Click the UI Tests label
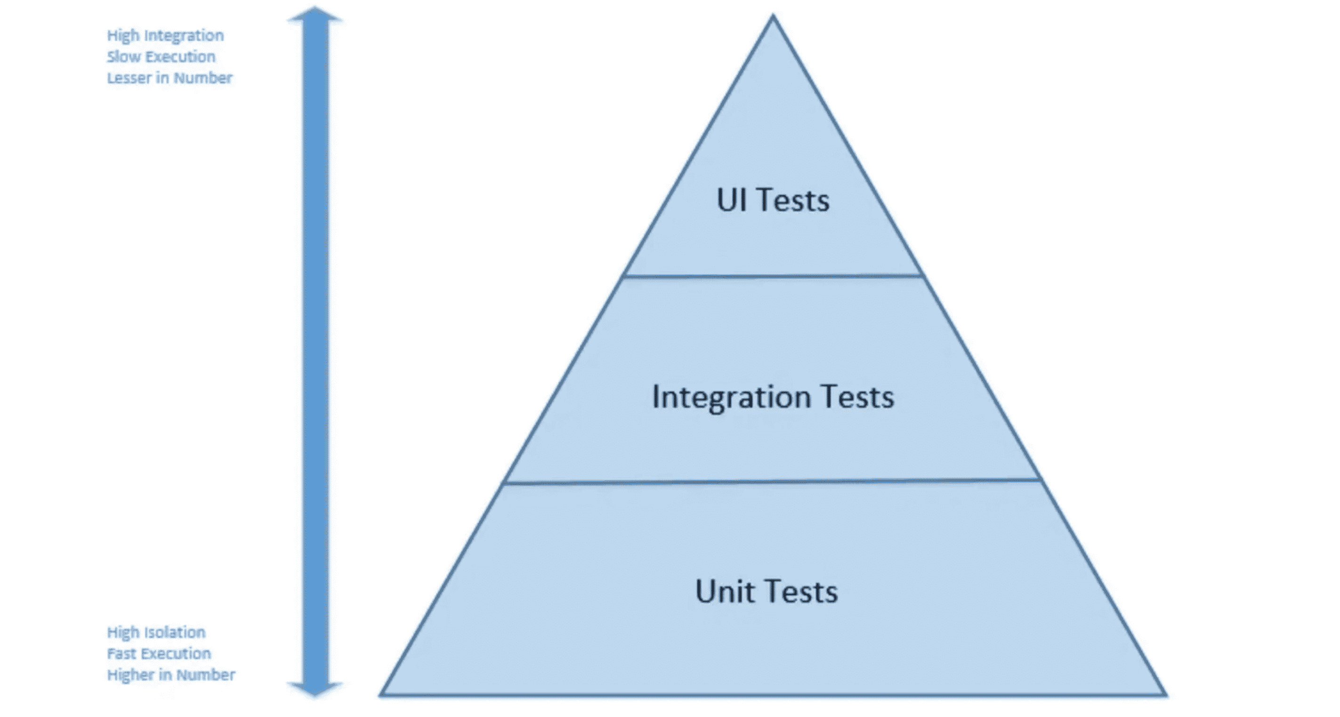click(x=773, y=200)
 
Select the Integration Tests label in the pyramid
click(x=773, y=397)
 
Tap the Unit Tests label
click(x=766, y=592)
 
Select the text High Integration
click(x=165, y=36)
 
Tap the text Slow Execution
click(x=161, y=56)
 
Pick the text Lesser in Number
click(x=170, y=78)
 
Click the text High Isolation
click(x=156, y=632)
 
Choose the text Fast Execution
click(x=159, y=653)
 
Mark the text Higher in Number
click(x=171, y=675)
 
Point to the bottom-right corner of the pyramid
click(x=1165, y=693)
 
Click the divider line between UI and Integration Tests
click(x=773, y=276)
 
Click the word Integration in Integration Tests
click(x=731, y=397)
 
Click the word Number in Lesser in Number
click(x=203, y=78)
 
